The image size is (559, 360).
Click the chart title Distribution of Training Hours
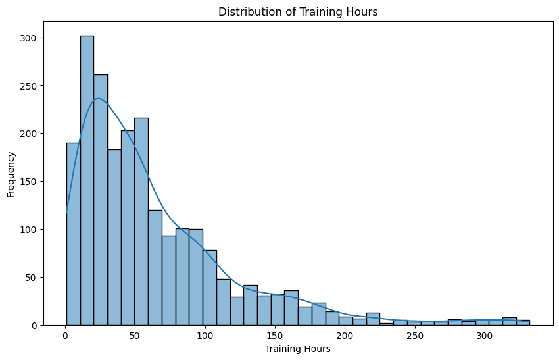297,12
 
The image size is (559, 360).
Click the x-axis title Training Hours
297,349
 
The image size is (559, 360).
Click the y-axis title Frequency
11,174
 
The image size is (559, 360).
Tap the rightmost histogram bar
523,322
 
